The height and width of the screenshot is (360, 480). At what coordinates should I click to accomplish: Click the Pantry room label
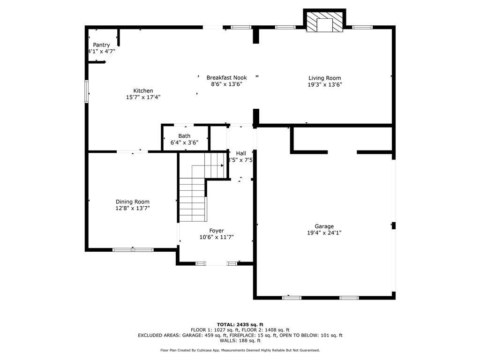point(101,45)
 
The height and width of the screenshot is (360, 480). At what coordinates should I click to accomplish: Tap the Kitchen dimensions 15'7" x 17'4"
point(143,97)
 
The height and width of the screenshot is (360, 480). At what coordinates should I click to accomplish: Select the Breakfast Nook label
point(226,78)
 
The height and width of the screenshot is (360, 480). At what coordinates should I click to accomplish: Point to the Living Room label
point(324,78)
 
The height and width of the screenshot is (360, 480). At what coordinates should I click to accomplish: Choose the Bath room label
point(184,136)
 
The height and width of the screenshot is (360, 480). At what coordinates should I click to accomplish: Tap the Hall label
point(241,153)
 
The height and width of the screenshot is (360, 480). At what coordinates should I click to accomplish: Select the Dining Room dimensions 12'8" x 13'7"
point(133,208)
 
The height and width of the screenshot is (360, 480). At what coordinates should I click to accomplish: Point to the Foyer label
point(216,231)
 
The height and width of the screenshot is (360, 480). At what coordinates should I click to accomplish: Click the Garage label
point(324,226)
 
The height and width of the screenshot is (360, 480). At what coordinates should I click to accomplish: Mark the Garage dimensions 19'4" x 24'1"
point(324,232)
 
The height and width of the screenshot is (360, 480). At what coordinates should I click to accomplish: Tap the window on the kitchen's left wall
point(86,91)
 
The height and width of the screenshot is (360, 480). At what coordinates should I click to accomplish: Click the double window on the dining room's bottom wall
point(133,250)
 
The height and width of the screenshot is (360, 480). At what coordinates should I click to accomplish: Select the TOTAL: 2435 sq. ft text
point(240,324)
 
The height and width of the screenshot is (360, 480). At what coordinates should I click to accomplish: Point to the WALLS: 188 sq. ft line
point(240,341)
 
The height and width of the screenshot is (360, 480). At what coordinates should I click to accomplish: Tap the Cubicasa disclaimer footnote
point(240,350)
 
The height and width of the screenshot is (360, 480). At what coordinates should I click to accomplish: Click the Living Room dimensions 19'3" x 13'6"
point(324,85)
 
